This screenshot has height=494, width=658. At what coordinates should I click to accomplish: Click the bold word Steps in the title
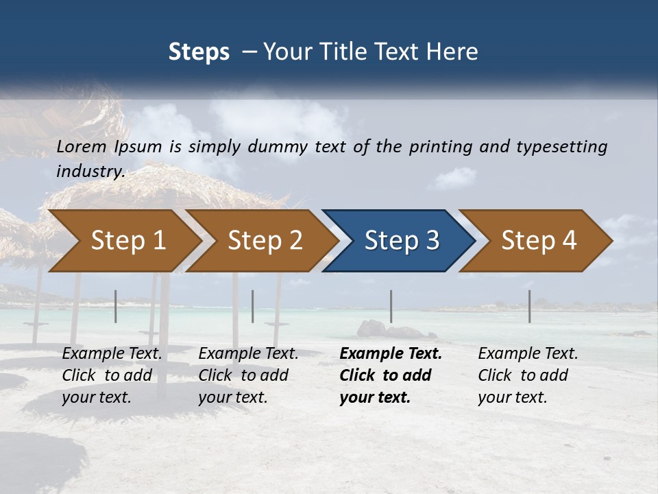pos(199,52)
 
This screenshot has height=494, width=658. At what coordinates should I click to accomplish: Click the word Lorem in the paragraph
pos(81,147)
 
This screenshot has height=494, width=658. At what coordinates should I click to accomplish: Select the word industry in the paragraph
pos(90,172)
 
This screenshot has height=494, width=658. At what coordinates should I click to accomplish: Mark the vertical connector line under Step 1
pos(116,306)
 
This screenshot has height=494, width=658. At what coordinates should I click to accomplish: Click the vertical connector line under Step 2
pos(253,306)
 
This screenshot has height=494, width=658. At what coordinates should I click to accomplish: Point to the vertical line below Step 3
pos(391,306)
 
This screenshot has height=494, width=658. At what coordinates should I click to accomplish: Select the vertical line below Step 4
pos(529,306)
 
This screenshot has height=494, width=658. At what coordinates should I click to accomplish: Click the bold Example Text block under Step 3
pos(391,375)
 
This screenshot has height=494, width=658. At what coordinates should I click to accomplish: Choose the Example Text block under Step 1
pos(112,375)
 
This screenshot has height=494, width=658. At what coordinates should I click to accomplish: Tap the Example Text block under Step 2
pos(248,375)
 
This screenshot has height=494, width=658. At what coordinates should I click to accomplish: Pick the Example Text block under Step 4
pos(528,375)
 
